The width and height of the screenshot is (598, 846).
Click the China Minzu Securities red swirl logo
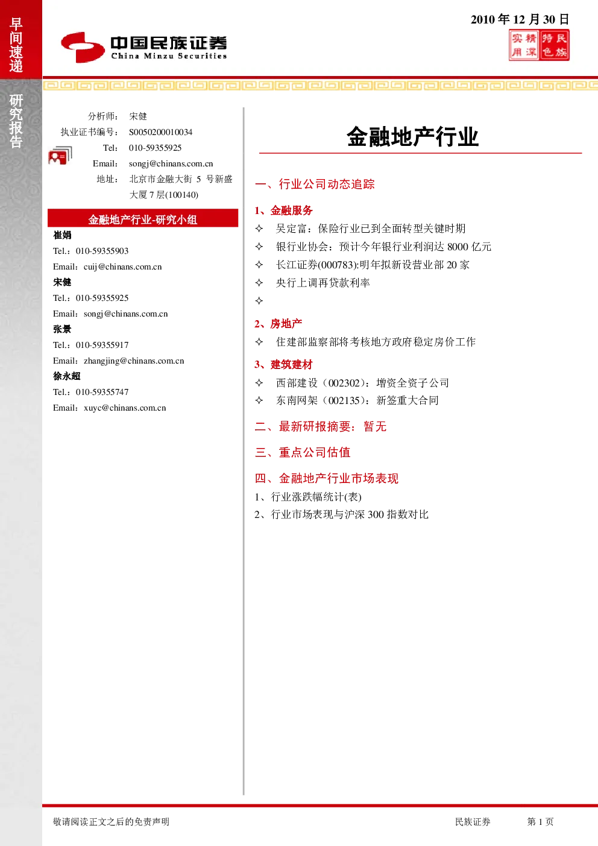pyautogui.click(x=83, y=47)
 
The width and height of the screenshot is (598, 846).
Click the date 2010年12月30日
pyautogui.click(x=520, y=19)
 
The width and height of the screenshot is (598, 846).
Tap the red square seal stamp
pyautogui.click(x=539, y=45)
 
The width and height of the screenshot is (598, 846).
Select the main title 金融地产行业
pyautogui.click(x=413, y=137)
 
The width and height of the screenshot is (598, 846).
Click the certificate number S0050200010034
pyautogui.click(x=160, y=132)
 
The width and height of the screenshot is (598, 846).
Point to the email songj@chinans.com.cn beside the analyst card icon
pyautogui.click(x=171, y=163)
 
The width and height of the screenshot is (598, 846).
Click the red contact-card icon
pyautogui.click(x=60, y=156)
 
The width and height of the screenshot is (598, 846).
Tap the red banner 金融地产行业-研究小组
pyautogui.click(x=143, y=219)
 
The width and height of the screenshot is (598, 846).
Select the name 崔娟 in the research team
pyautogui.click(x=62, y=235)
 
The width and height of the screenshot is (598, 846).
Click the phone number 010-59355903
pyautogui.click(x=102, y=251)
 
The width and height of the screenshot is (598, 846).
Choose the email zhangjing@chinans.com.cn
pyautogui.click(x=134, y=361)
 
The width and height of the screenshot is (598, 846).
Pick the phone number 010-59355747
pyautogui.click(x=102, y=392)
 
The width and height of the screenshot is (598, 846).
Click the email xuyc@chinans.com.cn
pyautogui.click(x=125, y=408)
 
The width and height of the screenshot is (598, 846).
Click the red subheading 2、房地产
pyautogui.click(x=279, y=324)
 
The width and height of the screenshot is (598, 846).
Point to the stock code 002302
pyautogui.click(x=344, y=383)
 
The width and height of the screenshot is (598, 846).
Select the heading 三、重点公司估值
pyautogui.click(x=303, y=452)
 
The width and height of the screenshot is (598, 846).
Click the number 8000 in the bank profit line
pyautogui.click(x=458, y=247)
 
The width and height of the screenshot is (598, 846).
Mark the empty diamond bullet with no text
pyautogui.click(x=259, y=301)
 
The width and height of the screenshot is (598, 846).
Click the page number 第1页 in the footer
pyautogui.click(x=540, y=821)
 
